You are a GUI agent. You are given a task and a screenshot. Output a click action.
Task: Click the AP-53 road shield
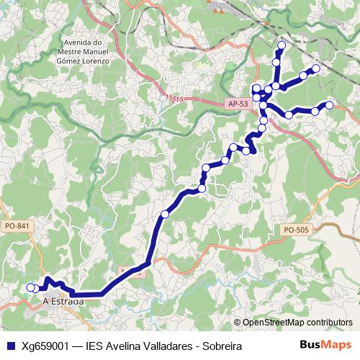coord(238,104)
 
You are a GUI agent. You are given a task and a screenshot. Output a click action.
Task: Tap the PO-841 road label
coord(17,227)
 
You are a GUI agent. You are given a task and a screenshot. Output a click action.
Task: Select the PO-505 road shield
coord(295,230)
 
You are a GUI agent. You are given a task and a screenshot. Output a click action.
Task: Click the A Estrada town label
coord(63,302)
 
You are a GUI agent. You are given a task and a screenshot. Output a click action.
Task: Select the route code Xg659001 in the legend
coord(44,346)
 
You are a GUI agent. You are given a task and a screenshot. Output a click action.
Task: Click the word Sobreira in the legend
coord(220,346)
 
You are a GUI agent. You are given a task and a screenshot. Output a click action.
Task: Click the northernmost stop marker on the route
coord(282,46)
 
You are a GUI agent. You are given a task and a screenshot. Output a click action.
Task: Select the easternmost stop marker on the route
coord(330,105)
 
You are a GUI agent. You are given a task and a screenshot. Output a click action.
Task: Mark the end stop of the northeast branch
coord(315,68)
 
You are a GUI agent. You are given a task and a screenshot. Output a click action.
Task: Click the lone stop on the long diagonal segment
coord(165,214)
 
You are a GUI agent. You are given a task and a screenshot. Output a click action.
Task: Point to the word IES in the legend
coord(94,346)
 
